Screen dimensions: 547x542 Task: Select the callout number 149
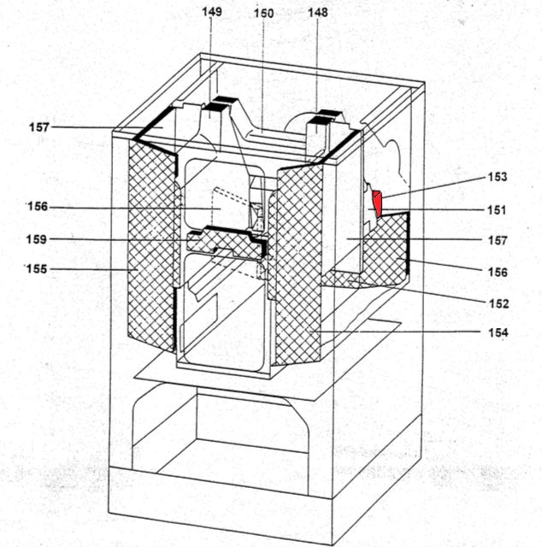coord(211,13)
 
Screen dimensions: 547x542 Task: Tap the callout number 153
coord(497,178)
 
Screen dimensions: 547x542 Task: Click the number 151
coord(497,209)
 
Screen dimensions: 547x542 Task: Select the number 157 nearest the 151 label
coord(497,241)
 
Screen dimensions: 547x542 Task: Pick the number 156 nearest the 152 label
coord(497,273)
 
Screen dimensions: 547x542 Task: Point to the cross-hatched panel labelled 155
coord(149,248)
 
